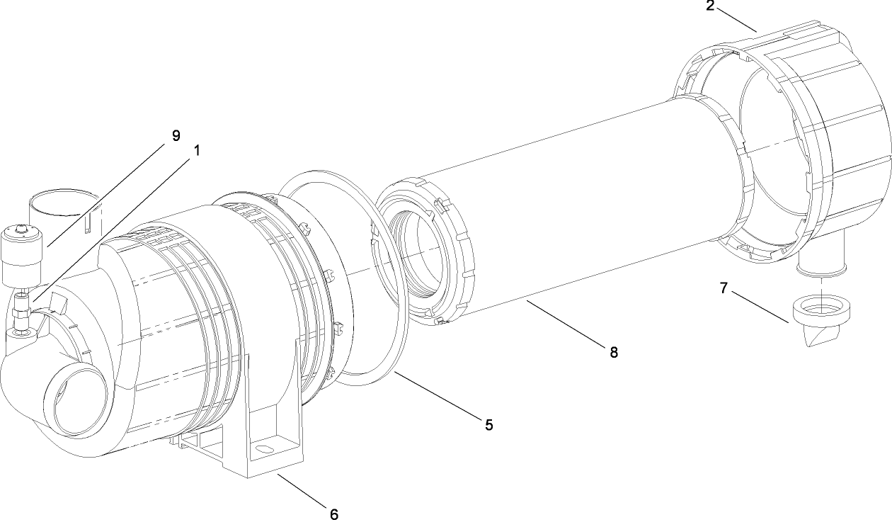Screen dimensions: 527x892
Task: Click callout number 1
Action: point(197,151)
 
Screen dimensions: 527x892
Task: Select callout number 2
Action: point(710,6)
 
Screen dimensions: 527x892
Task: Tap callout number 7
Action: point(723,288)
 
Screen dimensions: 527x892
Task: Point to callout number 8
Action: point(613,352)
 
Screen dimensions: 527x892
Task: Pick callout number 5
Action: point(489,424)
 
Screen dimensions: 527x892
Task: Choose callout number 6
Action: point(334,514)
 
